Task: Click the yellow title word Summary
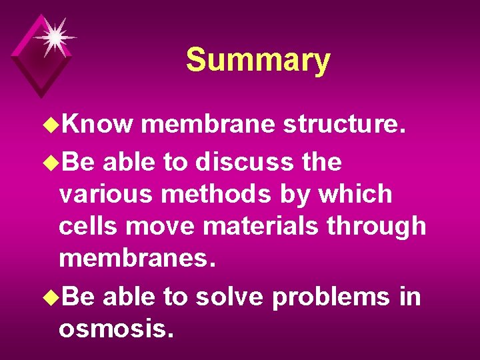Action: [258, 60]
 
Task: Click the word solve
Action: [229, 296]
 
